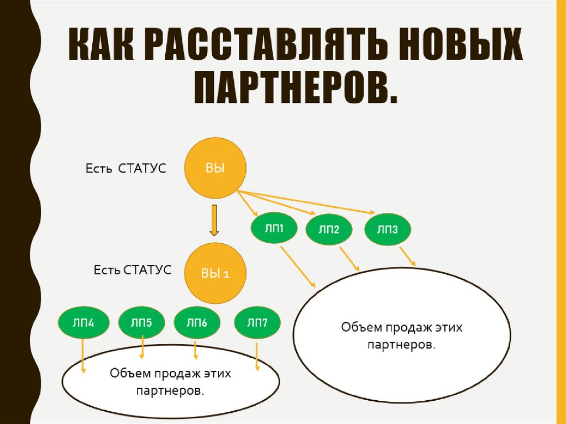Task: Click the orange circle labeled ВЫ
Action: (x=215, y=169)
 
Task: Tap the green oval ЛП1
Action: (x=274, y=228)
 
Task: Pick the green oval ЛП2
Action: (x=329, y=229)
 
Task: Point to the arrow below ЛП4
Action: (x=83, y=355)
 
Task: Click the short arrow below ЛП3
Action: (x=407, y=256)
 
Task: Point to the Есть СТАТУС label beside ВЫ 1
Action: (x=133, y=270)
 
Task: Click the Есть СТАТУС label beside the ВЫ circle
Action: (x=125, y=168)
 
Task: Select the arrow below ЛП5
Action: (x=143, y=348)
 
